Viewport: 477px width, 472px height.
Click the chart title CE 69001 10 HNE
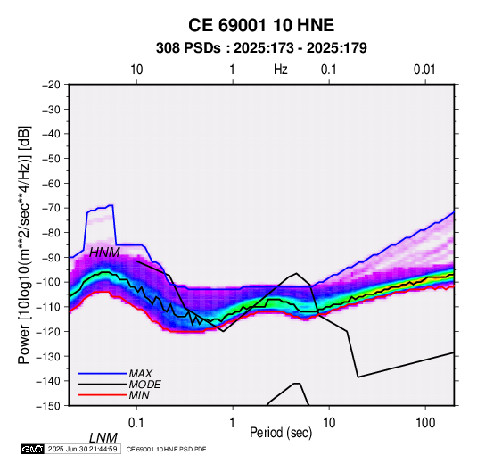click(x=261, y=25)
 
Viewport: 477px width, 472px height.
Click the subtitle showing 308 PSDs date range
click(x=261, y=48)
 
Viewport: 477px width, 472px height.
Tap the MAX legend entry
click(x=115, y=374)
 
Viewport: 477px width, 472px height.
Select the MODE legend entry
click(x=119, y=385)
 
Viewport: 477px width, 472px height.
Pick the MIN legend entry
click(x=114, y=395)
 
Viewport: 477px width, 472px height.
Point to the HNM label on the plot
click(x=104, y=253)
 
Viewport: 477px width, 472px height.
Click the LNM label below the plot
click(x=103, y=438)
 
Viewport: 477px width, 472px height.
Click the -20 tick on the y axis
click(x=51, y=85)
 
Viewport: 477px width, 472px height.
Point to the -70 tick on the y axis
click(x=51, y=208)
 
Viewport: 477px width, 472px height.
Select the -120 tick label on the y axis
click(x=49, y=332)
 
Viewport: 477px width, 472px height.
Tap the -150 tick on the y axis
click(x=49, y=406)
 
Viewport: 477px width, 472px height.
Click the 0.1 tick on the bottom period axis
click(x=136, y=423)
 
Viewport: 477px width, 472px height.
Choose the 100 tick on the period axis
click(x=425, y=423)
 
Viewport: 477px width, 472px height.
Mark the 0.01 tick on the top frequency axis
click(x=424, y=70)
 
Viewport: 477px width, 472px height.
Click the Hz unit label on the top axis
click(x=281, y=70)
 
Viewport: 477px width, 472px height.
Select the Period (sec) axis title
click(x=281, y=433)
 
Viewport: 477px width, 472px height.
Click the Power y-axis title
click(x=24, y=244)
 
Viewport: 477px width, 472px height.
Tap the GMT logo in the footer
click(x=32, y=449)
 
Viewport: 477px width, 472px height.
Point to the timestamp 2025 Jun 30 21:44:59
click(x=82, y=449)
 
